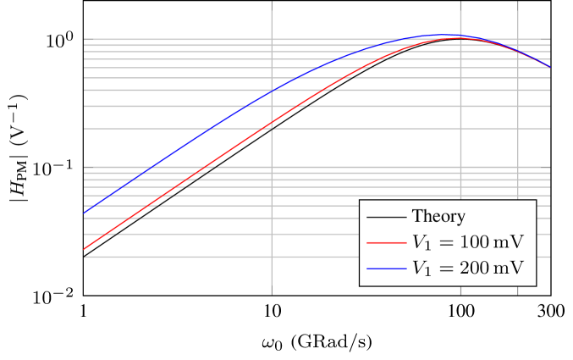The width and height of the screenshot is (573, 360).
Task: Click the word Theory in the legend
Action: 438,216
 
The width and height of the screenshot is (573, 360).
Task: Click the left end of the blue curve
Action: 83,213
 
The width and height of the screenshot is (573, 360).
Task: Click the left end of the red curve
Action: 83,251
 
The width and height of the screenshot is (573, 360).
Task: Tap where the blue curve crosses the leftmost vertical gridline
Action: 272,91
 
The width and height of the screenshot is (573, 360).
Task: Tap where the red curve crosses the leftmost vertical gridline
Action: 272,124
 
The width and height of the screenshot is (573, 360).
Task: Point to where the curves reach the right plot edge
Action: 550,67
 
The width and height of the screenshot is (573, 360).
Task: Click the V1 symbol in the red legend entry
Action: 421,243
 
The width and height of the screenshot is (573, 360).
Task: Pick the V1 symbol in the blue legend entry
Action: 421,269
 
